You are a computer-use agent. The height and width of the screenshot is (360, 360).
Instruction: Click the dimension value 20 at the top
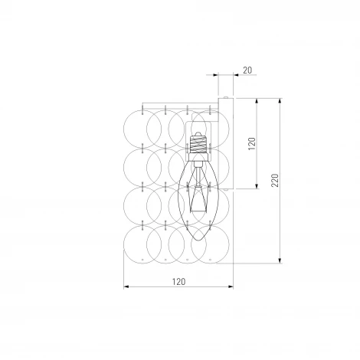(247, 70)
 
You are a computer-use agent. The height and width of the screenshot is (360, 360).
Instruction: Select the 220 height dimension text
(275, 180)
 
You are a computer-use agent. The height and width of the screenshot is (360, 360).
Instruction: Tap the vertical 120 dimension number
(252, 143)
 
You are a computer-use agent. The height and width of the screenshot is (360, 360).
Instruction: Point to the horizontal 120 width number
(178, 282)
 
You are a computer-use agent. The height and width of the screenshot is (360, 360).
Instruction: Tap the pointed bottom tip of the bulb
(198, 241)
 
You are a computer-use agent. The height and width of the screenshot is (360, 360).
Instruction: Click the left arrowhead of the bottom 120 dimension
(126, 287)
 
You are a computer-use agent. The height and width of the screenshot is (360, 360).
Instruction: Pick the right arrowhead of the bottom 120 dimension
(231, 287)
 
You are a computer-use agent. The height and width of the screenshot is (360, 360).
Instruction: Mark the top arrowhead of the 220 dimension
(280, 100)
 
